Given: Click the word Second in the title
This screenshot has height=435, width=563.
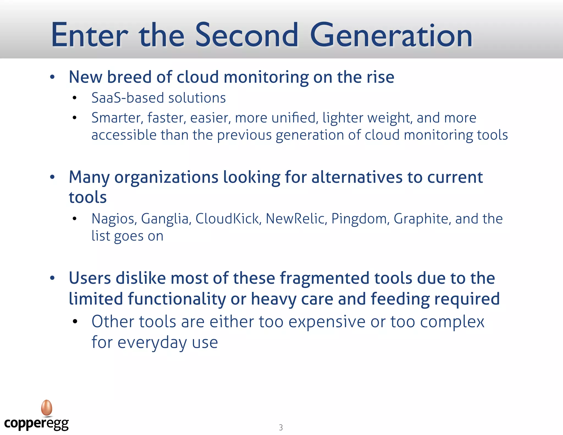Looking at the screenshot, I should tap(247, 35).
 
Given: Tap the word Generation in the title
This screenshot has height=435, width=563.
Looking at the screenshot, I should tap(391, 35).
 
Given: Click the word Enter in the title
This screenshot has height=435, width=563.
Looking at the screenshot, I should tap(90, 35).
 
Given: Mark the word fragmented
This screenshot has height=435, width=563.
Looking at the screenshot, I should tap(324, 278).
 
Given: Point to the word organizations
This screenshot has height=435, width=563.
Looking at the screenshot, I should tap(166, 177).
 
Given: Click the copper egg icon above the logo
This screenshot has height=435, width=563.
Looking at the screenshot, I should tap(47, 408).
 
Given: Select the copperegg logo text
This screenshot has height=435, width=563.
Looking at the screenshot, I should tap(36, 423).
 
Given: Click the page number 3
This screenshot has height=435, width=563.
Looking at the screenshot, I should tap(281, 427).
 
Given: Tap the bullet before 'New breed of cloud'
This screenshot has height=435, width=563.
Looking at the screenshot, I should tap(52, 77).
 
